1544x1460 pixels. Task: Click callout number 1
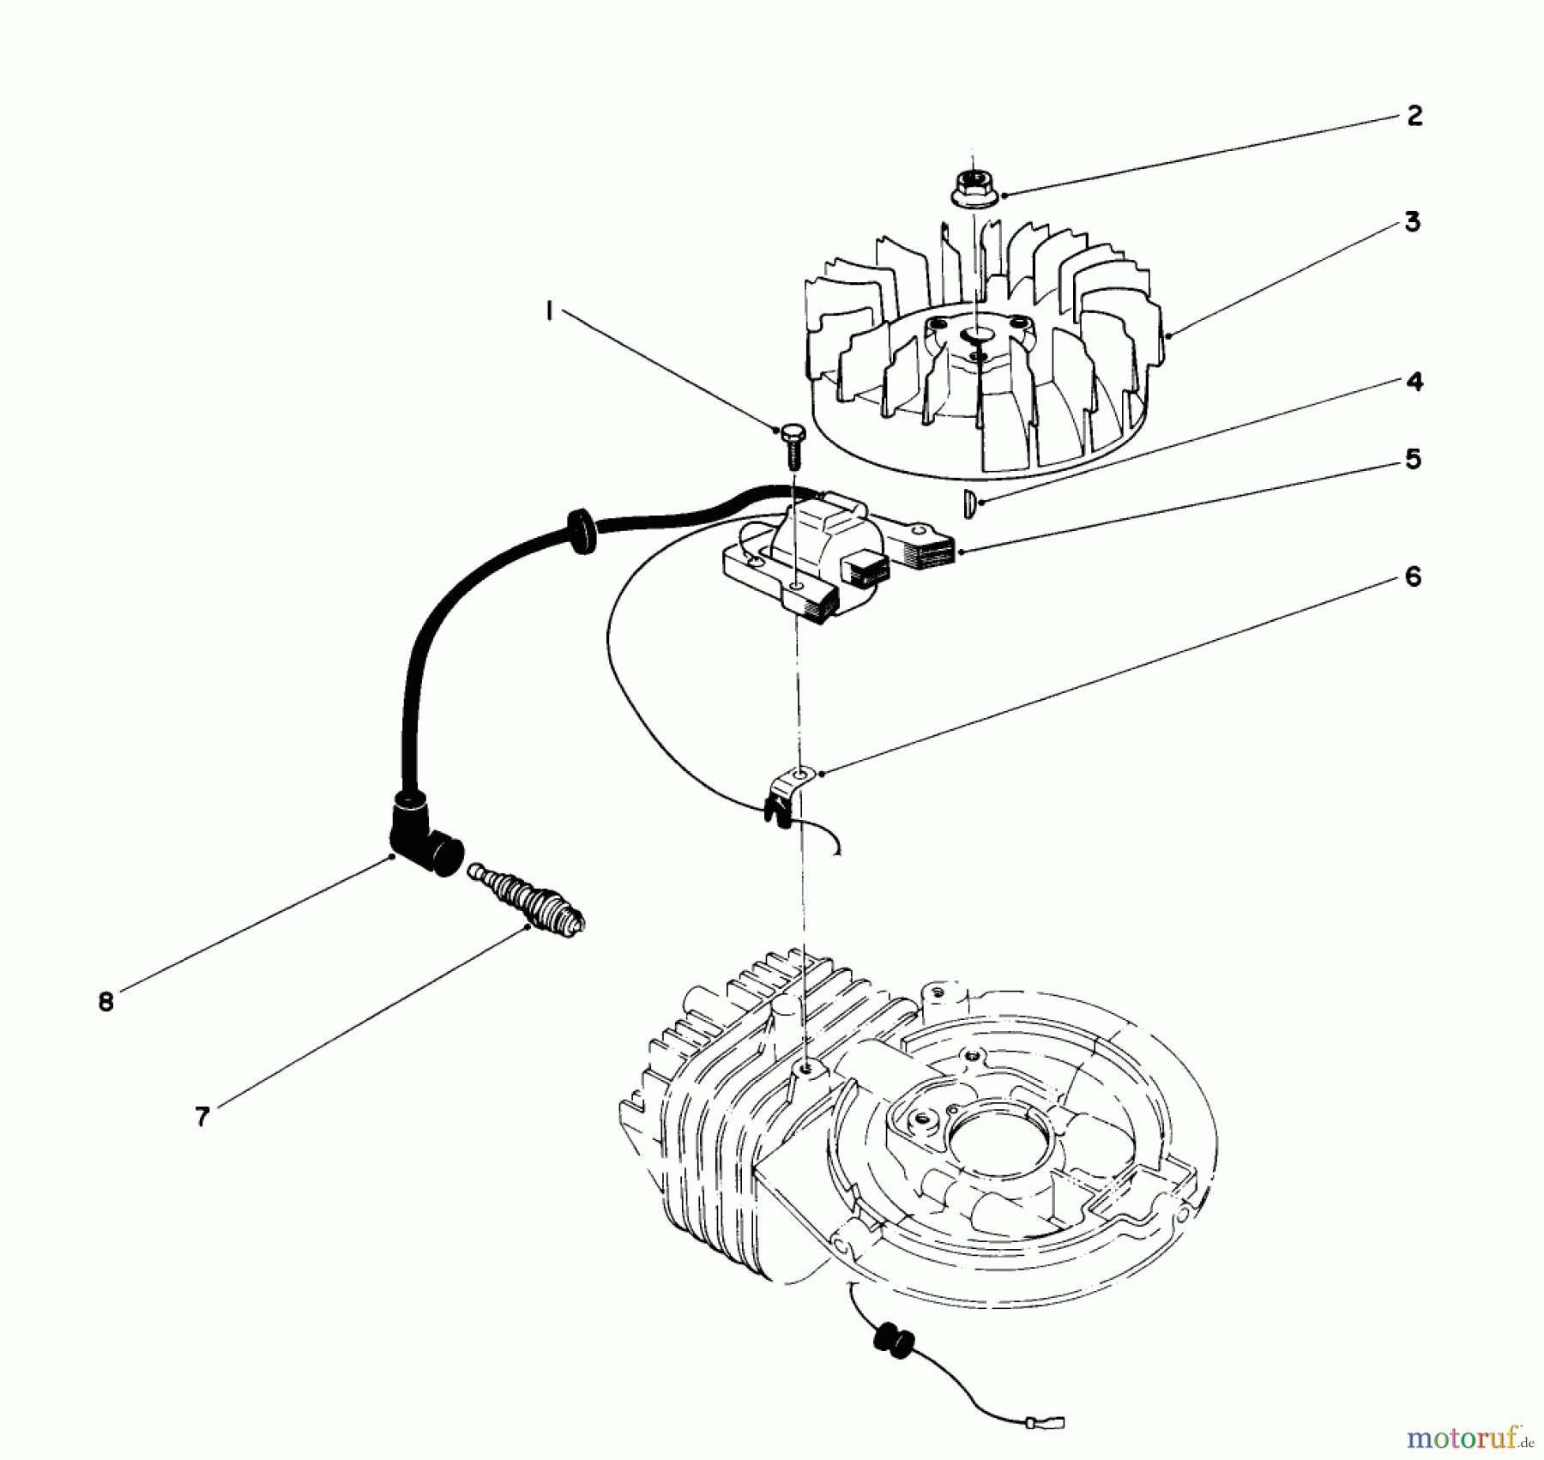point(548,313)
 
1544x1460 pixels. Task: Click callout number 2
point(1414,116)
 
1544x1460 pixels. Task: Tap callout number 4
point(1414,381)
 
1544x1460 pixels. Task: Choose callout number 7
point(202,1117)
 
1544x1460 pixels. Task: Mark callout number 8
point(106,1001)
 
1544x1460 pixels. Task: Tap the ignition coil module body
point(823,549)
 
